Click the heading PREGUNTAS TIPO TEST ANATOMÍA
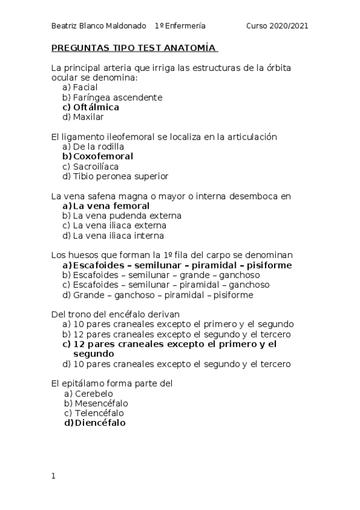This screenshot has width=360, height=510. (134, 48)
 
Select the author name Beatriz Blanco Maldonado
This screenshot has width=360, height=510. (99, 26)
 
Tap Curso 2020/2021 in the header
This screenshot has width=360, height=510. (277, 26)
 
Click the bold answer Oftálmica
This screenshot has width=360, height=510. (96, 107)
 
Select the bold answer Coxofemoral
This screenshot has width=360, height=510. (103, 156)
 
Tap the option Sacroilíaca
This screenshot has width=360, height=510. (96, 166)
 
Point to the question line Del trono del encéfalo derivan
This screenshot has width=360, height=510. (115, 314)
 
